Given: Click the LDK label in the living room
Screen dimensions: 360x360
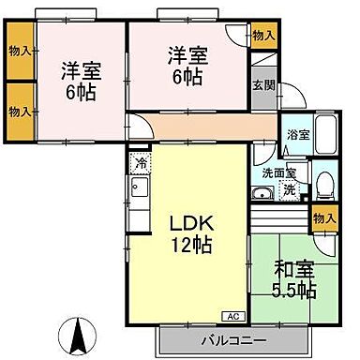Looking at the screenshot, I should [193, 225].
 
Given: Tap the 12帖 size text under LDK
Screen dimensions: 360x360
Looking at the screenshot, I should [193, 246].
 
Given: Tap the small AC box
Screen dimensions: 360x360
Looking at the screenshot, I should [232, 316].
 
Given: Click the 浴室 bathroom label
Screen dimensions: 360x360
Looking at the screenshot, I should [297, 135].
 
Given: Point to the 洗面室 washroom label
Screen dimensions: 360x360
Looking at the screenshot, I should [278, 172].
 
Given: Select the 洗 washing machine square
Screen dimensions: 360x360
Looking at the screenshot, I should [289, 189].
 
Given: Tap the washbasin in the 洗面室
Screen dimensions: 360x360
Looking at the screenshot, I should [262, 194].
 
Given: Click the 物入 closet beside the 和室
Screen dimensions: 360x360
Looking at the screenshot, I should [323, 217].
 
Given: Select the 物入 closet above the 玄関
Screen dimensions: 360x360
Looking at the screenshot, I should [264, 36].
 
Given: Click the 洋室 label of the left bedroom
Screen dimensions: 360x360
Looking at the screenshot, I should [80, 68].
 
